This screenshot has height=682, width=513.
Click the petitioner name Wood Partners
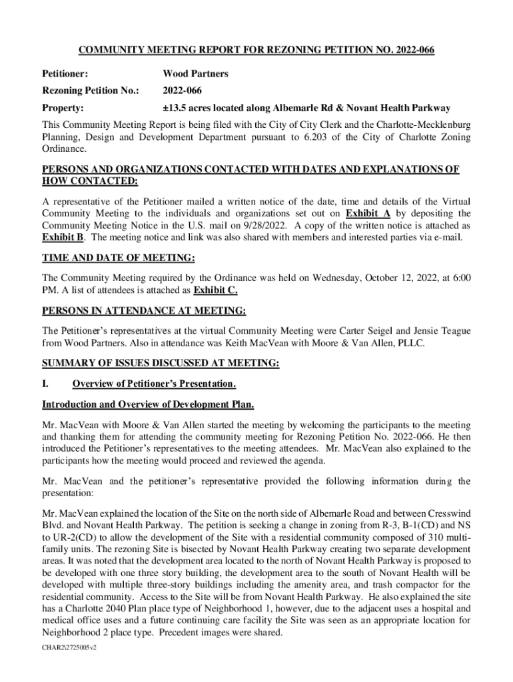(x=195, y=74)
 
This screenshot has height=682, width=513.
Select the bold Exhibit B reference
(x=58, y=238)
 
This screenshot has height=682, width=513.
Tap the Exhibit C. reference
(x=215, y=291)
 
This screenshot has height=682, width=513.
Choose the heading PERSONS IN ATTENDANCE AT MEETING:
(x=144, y=311)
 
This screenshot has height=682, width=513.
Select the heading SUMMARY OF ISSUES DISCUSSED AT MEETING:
(x=161, y=364)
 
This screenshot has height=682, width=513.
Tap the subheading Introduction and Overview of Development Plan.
(x=147, y=404)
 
